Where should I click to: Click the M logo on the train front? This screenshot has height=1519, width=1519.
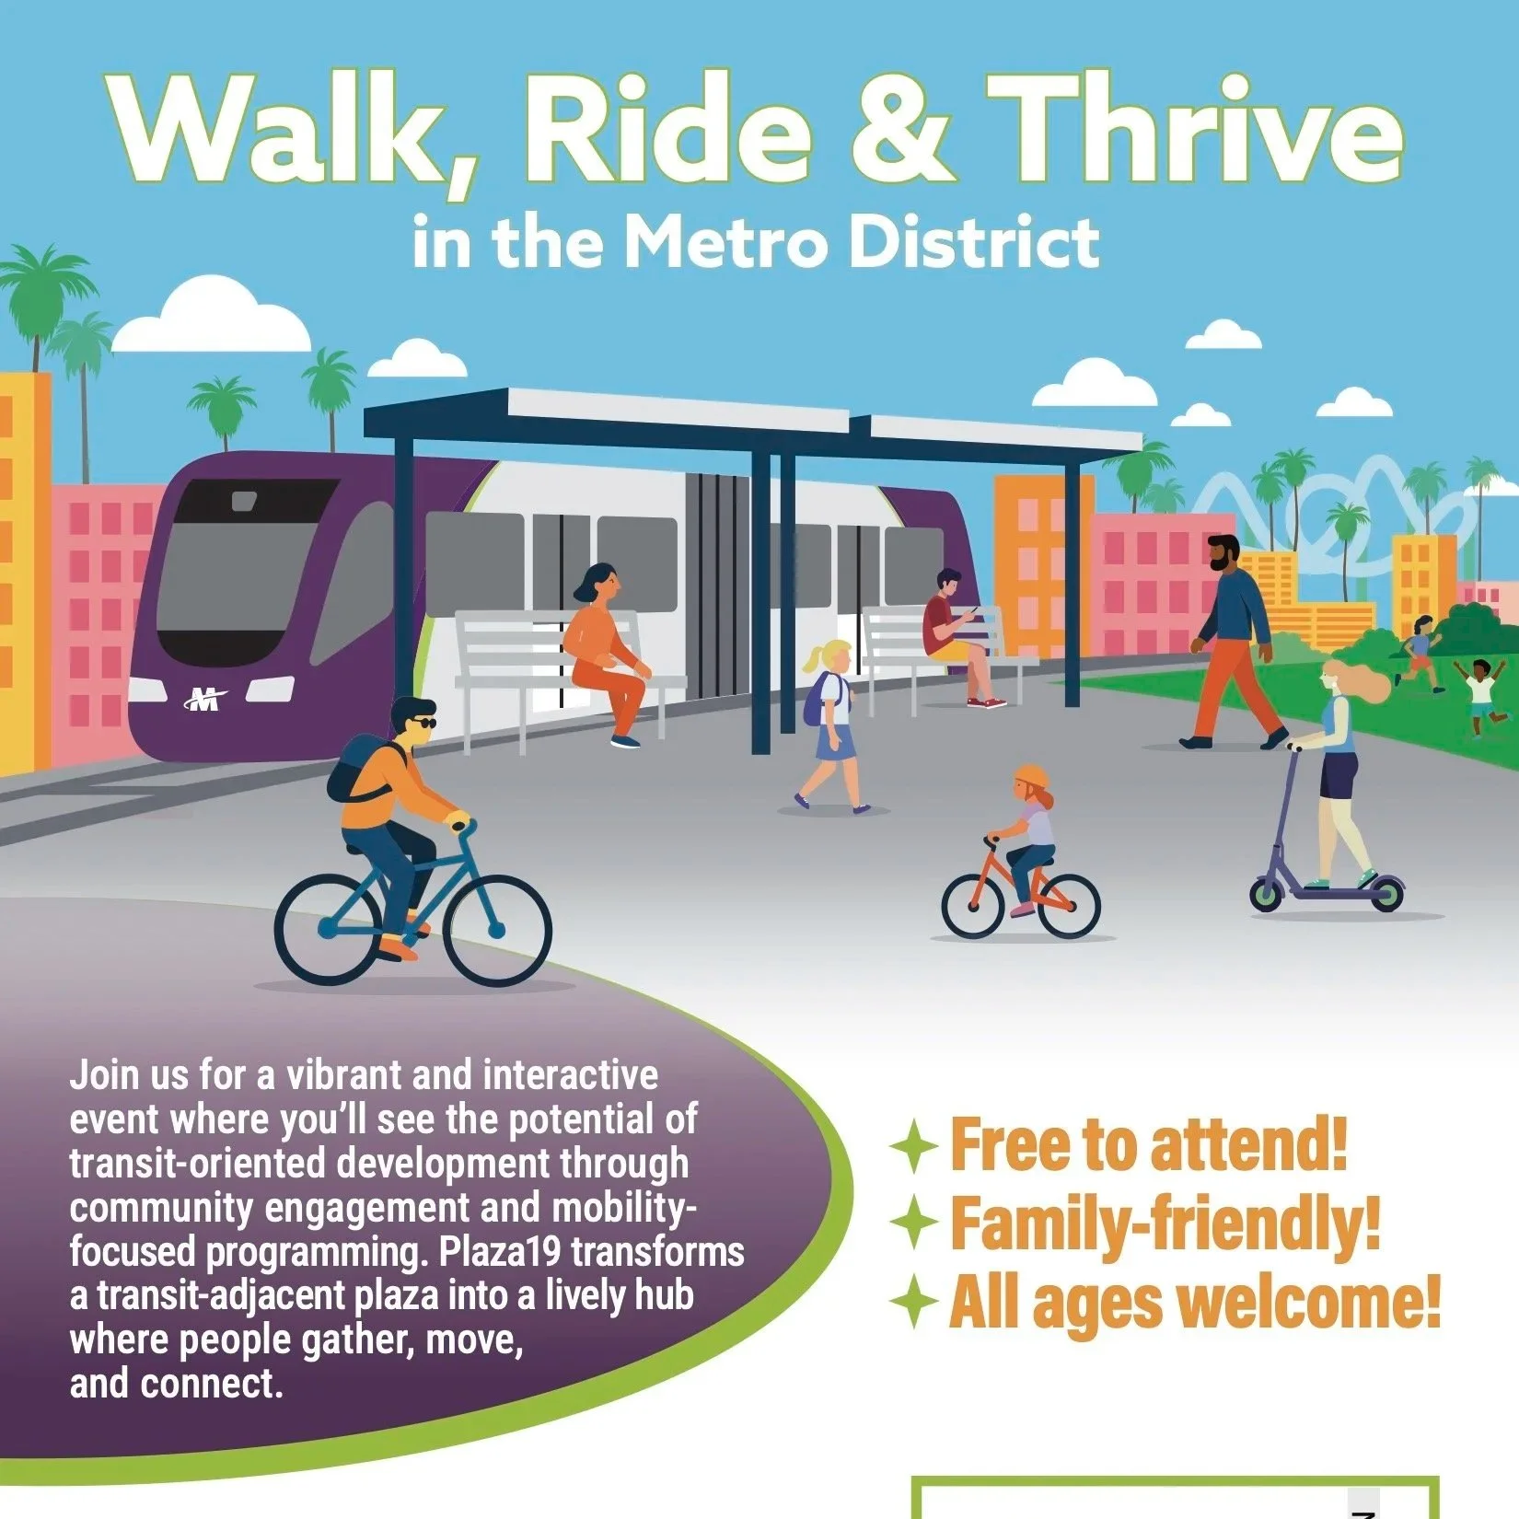pyautogui.click(x=207, y=700)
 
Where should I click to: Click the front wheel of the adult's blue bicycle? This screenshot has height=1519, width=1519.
pyautogui.click(x=497, y=930)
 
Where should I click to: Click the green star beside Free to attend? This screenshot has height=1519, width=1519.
pyautogui.click(x=913, y=1146)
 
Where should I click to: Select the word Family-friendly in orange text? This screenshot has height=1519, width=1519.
pyautogui.click(x=1165, y=1224)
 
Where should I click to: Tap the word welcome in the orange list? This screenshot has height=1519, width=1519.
pyautogui.click(x=1307, y=1303)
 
